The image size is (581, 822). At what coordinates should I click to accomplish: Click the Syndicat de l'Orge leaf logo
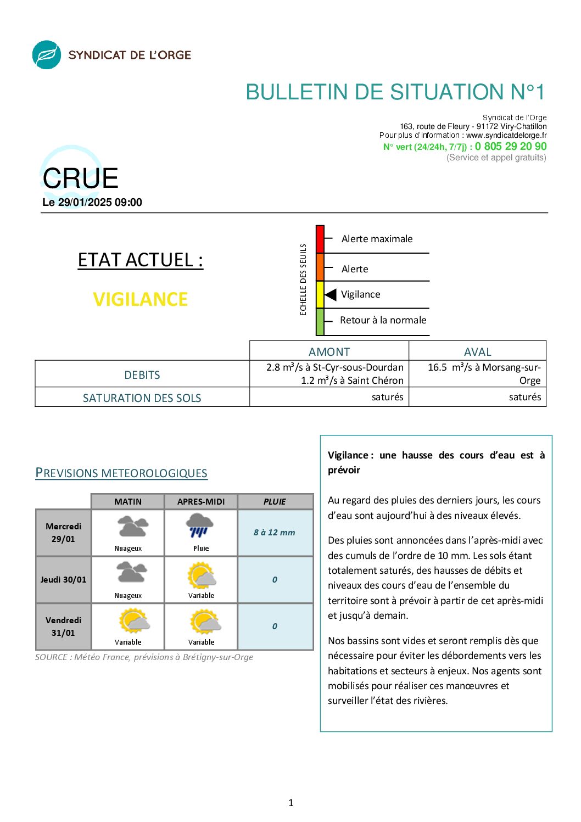47,55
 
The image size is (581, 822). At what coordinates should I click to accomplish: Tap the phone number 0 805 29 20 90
511,147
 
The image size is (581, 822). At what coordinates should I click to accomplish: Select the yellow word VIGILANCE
141,299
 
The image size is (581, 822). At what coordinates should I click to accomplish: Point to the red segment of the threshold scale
320,239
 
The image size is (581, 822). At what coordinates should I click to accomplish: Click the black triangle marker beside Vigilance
331,295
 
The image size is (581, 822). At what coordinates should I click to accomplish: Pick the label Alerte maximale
377,239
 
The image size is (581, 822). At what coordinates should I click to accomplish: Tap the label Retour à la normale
383,320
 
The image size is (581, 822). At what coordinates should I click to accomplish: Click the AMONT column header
329,351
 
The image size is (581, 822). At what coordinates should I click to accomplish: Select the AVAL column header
477,351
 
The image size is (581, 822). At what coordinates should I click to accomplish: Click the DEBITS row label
142,375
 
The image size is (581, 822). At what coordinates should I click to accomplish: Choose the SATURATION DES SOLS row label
142,398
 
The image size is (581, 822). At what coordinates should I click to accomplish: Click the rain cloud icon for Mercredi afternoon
199,525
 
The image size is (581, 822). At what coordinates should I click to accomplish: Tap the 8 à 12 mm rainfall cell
275,533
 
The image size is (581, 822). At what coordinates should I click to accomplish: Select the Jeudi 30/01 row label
63,579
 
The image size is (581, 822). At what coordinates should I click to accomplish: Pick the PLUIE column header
275,501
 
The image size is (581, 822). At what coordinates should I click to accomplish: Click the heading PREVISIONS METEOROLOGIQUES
121,473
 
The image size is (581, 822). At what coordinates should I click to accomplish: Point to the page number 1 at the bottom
291,803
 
